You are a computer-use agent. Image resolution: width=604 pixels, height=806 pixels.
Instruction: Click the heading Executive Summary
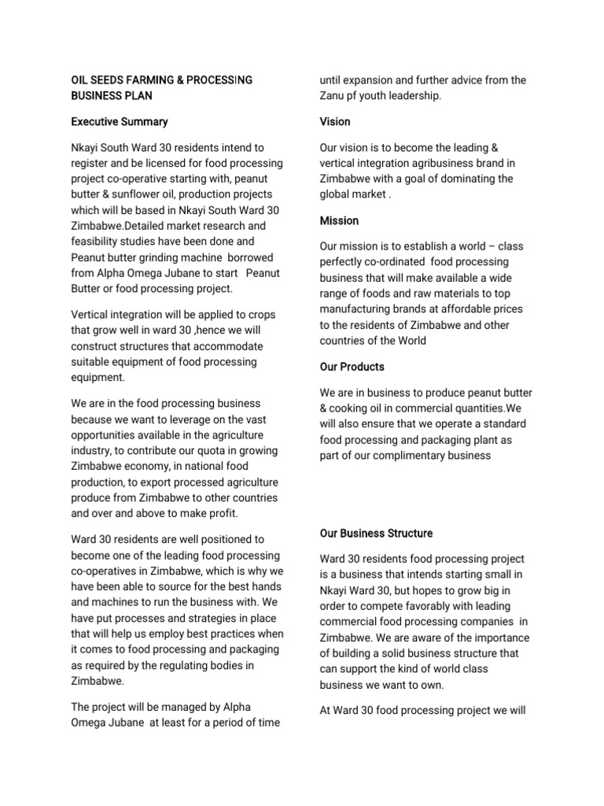120,122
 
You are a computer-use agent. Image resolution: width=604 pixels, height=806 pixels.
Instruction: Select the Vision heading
335,122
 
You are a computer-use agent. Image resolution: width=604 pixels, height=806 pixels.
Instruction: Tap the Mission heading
340,220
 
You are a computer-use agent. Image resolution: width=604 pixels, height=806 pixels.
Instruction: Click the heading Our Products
352,367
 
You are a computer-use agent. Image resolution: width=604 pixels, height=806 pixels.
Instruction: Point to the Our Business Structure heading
376,534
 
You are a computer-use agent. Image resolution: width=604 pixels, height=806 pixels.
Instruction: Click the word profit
219,513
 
